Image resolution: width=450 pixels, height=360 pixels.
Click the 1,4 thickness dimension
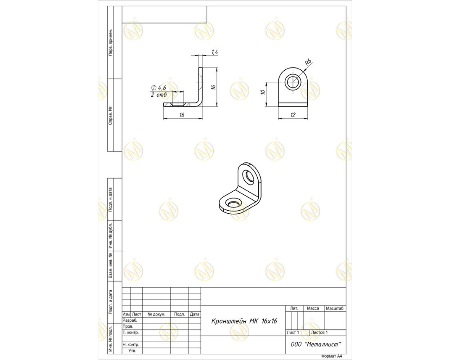[x=215, y=52]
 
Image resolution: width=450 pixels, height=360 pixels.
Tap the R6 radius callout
[x=308, y=62]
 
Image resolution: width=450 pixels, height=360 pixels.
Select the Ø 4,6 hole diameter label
[x=158, y=88]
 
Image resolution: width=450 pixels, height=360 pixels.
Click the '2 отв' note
[x=159, y=95]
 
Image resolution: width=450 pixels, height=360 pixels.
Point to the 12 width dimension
[x=293, y=115]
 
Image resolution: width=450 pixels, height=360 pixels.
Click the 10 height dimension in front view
[x=263, y=92]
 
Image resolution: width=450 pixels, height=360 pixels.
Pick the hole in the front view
[x=293, y=82]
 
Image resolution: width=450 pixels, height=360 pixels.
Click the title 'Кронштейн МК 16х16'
[x=244, y=321]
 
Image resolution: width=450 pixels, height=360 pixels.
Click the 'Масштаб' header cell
[x=335, y=309]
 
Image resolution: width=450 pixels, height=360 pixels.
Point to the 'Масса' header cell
[x=313, y=309]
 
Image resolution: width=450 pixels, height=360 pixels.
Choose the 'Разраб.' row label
[x=130, y=321]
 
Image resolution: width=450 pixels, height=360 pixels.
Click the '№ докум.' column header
[x=156, y=314]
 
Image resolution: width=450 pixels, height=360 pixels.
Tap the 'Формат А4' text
[x=332, y=356]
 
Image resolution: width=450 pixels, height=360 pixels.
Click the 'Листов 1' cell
[x=319, y=332]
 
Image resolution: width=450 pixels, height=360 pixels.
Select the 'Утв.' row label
[x=132, y=351]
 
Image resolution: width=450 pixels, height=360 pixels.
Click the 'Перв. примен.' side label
[x=110, y=42]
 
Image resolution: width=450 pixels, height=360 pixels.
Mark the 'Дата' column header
[x=195, y=314]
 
